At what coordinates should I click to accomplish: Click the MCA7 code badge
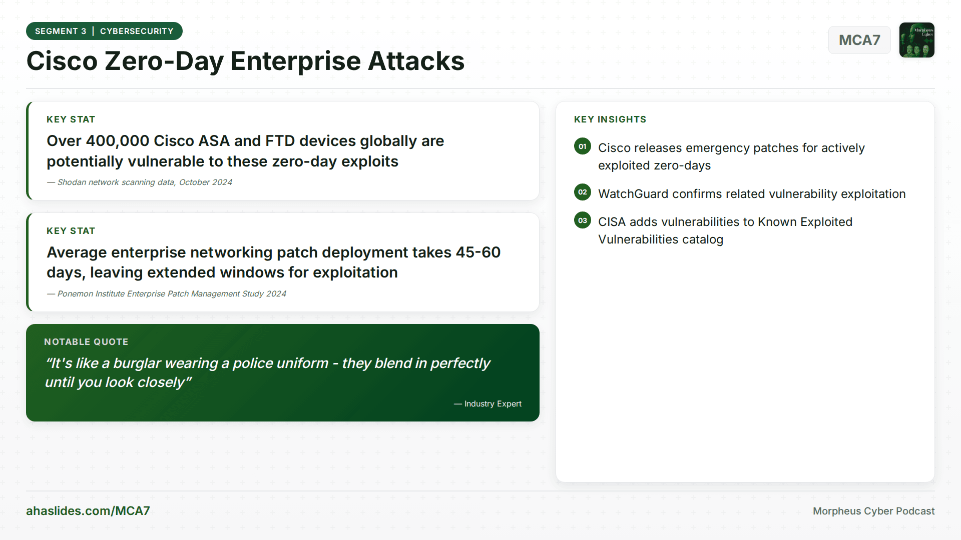[x=859, y=40]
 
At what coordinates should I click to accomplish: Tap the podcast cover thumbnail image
[x=916, y=40]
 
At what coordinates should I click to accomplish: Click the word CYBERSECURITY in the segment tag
[x=137, y=31]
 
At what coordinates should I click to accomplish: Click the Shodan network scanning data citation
[x=144, y=182]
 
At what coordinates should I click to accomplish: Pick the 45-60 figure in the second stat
[x=478, y=252]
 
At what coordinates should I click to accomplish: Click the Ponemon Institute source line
[x=171, y=294]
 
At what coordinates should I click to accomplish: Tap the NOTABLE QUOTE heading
[x=86, y=342]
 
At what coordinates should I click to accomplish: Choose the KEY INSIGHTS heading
[x=610, y=119]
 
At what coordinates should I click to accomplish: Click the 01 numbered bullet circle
[x=583, y=146]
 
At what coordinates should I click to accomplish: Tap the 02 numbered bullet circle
[x=583, y=192]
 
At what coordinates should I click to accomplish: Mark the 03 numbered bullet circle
[x=583, y=220]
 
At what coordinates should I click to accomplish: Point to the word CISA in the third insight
[x=611, y=222]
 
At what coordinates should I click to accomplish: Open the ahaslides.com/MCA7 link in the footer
[x=88, y=511]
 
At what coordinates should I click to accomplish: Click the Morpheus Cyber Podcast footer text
[x=873, y=511]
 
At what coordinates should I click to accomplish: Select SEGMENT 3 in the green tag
[x=61, y=31]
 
